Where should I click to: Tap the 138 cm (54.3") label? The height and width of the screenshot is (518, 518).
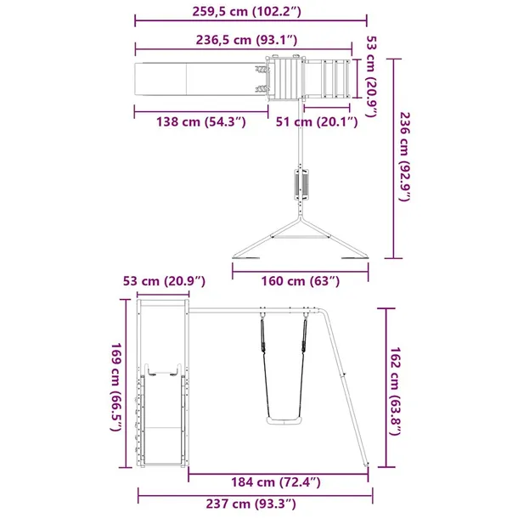(201, 122)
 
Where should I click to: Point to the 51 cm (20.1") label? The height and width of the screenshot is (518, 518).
(317, 122)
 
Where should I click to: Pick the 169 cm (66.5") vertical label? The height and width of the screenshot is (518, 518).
(118, 387)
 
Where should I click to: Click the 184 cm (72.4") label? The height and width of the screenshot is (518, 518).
(279, 482)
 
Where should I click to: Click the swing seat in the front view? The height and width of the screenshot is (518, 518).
(282, 420)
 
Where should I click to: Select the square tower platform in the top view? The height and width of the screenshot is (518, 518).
(285, 79)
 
